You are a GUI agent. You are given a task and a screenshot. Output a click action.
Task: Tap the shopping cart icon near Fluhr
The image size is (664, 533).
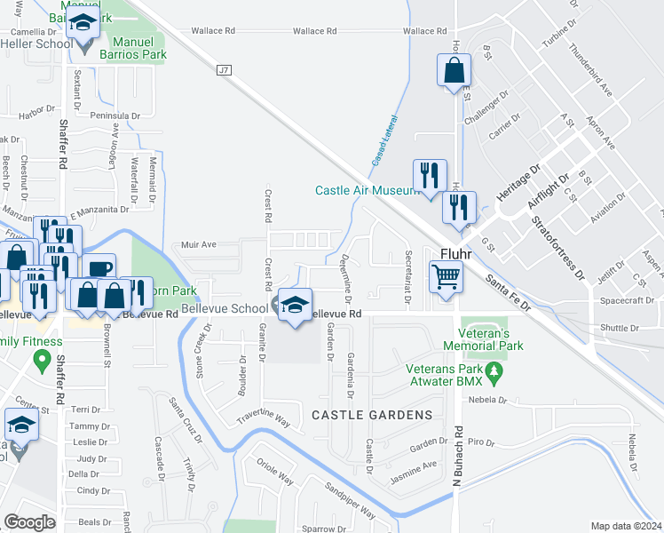(x=447, y=276)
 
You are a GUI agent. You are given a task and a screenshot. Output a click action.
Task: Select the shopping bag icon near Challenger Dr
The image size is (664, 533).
(x=454, y=70)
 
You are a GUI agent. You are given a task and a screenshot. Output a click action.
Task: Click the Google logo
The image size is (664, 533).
(x=29, y=521)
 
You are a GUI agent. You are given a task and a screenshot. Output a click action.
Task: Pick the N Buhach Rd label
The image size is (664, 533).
(x=458, y=453)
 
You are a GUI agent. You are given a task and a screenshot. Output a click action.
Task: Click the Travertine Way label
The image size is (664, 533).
(x=264, y=418)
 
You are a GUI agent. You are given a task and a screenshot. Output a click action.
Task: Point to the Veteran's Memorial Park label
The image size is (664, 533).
(x=484, y=338)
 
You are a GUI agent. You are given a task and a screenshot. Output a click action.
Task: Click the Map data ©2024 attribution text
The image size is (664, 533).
(x=627, y=526)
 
